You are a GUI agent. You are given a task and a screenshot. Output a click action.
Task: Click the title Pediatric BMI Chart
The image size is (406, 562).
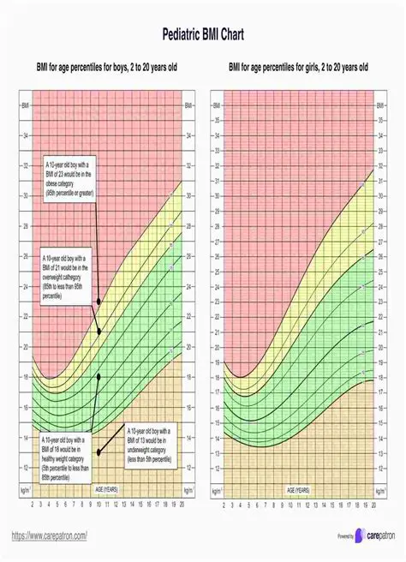tap(202, 35)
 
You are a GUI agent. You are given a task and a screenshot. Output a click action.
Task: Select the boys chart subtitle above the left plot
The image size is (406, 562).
tap(106, 67)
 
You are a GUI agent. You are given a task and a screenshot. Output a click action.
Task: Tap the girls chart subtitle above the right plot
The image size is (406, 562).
tap(298, 67)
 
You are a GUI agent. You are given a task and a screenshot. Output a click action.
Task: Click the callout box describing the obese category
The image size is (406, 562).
tap(71, 179)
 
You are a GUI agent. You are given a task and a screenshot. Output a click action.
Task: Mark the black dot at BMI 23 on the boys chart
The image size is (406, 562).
tap(99, 302)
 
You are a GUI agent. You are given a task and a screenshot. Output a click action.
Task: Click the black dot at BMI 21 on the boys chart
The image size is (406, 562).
tap(99, 332)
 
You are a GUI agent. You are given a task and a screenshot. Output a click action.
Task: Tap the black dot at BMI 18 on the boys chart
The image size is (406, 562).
tap(99, 377)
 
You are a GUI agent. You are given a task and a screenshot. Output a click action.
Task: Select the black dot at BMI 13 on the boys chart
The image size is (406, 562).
tap(99, 452)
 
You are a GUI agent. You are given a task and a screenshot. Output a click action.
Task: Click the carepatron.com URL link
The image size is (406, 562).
tap(49, 535)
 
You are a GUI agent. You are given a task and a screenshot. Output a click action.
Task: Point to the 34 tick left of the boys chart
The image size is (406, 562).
tap(24, 135)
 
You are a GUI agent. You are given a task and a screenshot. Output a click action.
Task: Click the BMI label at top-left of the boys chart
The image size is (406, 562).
tap(24, 105)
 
